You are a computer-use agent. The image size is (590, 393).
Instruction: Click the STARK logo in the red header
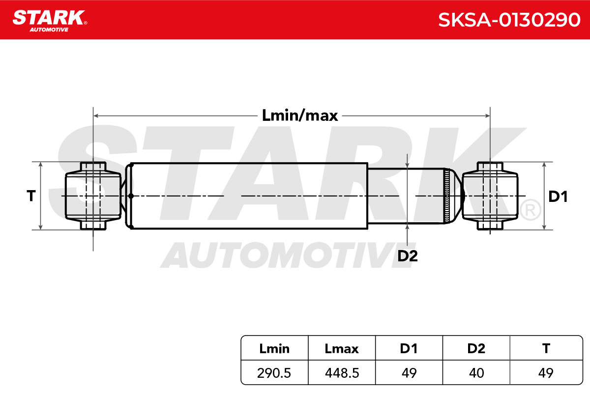[x=50, y=21]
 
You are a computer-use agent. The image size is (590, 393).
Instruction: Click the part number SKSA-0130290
[x=509, y=20]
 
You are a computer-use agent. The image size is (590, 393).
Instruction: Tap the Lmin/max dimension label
[x=300, y=116]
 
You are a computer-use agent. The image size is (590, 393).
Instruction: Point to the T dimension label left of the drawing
[x=31, y=196]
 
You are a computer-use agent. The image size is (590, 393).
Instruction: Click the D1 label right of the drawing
[x=558, y=196]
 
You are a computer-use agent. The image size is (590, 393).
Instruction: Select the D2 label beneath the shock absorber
[x=408, y=256]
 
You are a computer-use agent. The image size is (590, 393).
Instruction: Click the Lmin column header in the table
[x=274, y=349]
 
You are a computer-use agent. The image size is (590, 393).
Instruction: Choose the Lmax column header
[x=342, y=349]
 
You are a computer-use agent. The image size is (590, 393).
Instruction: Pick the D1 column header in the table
[x=409, y=349]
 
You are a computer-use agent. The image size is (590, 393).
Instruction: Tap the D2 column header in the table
[x=476, y=349]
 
